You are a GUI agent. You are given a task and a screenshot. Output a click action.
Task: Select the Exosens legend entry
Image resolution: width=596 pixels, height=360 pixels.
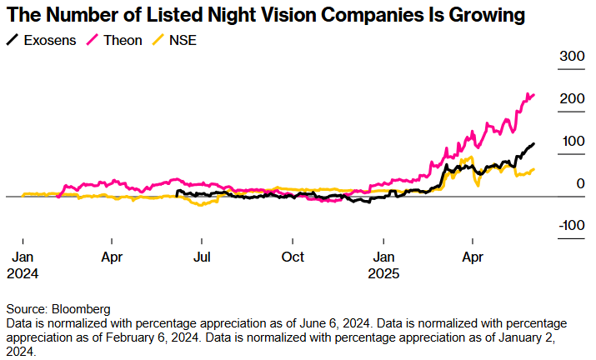click(x=50, y=38)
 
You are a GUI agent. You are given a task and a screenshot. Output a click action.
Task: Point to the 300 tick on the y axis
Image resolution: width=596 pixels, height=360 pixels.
click(x=573, y=56)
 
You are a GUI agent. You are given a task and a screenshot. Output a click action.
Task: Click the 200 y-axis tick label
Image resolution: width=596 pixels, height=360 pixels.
click(x=573, y=99)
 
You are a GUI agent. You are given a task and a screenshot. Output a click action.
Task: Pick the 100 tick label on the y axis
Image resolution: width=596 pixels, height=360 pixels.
click(x=573, y=142)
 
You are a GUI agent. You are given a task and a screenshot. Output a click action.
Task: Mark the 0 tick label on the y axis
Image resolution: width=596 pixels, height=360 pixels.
click(x=579, y=184)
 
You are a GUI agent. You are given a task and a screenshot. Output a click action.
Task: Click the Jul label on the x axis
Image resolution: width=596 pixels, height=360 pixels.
click(x=201, y=257)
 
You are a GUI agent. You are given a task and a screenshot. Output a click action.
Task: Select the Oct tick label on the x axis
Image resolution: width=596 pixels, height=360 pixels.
click(x=293, y=257)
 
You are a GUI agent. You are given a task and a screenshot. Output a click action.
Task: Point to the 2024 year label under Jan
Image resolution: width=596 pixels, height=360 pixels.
click(x=23, y=272)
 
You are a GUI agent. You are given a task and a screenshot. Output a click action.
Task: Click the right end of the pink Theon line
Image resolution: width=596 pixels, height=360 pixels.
click(x=533, y=95)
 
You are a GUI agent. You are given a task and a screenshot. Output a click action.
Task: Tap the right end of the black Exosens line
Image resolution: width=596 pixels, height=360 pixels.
click(x=533, y=144)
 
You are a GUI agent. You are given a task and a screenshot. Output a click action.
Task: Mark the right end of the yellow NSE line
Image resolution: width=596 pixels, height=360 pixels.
click(x=533, y=169)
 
